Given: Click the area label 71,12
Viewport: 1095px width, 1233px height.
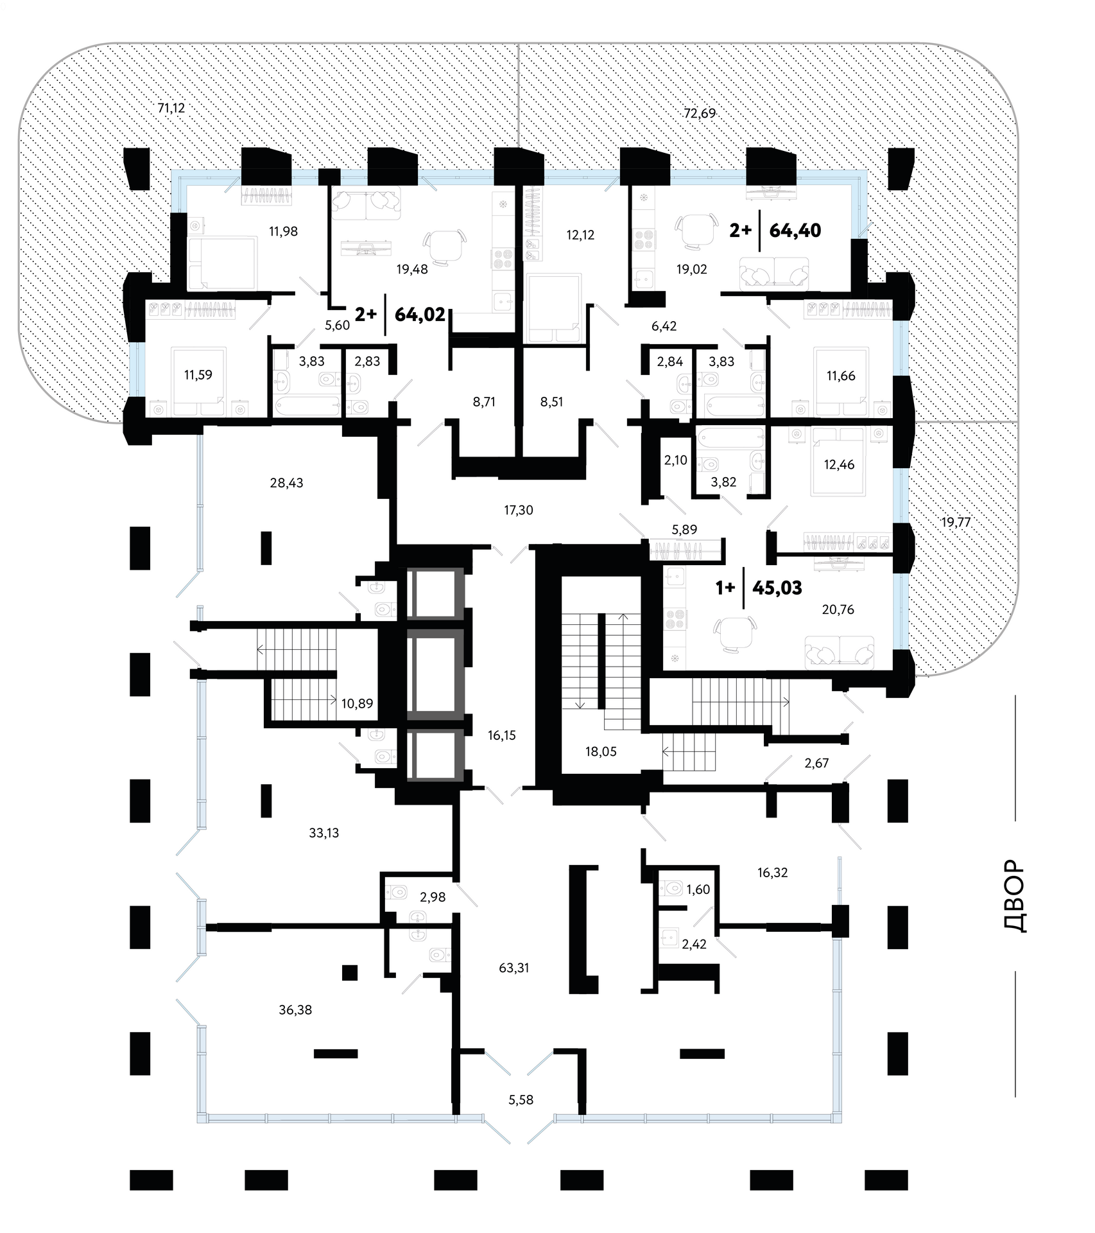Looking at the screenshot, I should point(171,108).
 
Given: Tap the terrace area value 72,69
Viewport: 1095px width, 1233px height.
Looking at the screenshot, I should point(699,114).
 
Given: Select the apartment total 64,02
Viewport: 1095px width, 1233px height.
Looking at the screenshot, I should point(420,314).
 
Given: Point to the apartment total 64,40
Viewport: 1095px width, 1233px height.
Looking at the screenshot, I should point(795,230).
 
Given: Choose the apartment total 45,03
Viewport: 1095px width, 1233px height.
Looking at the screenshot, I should point(777,588).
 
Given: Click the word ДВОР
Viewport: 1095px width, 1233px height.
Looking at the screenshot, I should point(1014,896).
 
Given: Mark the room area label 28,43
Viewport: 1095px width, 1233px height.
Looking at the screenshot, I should point(286,482).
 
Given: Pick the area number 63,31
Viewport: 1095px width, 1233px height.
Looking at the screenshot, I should point(513,967).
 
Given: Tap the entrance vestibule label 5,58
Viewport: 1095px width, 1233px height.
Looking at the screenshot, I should point(521,1099).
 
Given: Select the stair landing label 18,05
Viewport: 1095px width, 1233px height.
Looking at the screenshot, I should point(601,751).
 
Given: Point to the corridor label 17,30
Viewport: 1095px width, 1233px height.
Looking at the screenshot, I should point(518,510).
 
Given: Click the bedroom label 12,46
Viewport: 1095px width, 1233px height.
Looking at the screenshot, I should point(839,464).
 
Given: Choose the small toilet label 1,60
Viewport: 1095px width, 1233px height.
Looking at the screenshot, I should point(698,889).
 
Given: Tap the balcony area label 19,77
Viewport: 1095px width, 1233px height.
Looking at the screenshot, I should point(956,522).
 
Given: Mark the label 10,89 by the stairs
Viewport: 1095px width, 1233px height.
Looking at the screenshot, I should point(357,703).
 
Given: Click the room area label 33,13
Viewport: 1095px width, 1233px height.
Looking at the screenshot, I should point(323,833).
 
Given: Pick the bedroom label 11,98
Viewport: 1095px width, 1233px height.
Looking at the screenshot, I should point(283,231).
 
